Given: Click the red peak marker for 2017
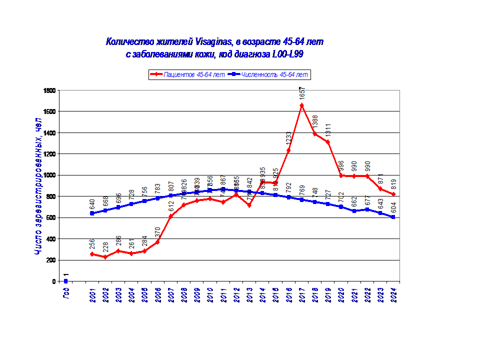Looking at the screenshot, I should point(301,105).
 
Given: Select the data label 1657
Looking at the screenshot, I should point(302,93).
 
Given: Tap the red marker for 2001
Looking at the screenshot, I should point(92,254).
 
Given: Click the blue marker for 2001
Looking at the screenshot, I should point(92,213).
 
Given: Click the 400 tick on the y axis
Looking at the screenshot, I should point(50,239).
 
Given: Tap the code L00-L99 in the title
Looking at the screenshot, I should point(287,54).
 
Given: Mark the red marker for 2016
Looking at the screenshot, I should point(288,150).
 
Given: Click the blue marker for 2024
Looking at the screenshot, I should point(393,217).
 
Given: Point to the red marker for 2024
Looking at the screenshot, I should point(393,194).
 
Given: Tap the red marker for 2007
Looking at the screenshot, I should point(170,216).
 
